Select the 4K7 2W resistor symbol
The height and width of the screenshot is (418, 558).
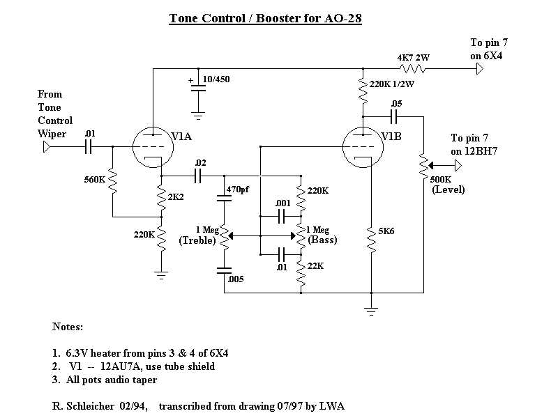[x=412, y=68]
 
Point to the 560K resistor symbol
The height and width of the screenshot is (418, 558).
[x=113, y=181]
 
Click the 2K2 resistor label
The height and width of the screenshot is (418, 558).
[x=176, y=197]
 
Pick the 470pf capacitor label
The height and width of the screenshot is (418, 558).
[x=237, y=189]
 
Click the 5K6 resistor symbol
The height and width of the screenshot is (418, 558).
[x=371, y=240]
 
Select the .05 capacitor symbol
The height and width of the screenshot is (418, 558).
[x=393, y=116]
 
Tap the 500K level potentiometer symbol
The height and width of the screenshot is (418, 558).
[x=424, y=166]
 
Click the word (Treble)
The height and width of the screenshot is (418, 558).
[x=197, y=240]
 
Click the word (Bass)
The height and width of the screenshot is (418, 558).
[x=322, y=240]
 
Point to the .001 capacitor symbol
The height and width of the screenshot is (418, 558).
[x=281, y=216]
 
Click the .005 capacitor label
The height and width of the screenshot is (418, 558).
[x=236, y=279]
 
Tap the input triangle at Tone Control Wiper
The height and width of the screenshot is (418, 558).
[x=47, y=146]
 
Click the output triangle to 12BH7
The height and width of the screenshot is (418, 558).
[x=458, y=166]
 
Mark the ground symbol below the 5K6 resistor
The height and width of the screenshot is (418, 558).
[x=371, y=311]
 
